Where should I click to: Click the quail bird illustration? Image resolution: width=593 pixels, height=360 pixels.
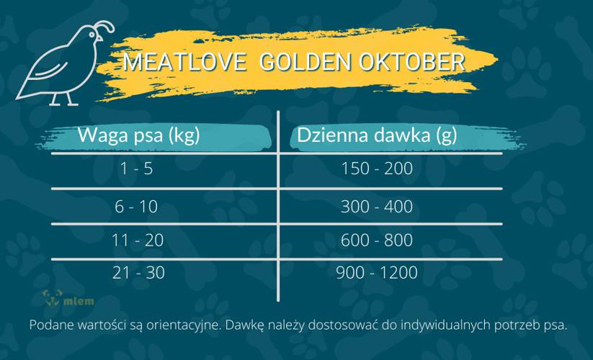(62, 66)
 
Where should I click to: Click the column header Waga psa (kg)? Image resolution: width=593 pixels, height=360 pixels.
(139, 135)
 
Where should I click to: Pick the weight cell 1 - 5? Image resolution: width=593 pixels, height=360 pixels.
(136, 169)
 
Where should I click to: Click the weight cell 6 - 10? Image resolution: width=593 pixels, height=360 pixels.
(136, 207)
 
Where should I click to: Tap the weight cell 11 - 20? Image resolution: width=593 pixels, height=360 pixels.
(136, 240)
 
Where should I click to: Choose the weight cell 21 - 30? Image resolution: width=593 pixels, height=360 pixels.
(136, 273)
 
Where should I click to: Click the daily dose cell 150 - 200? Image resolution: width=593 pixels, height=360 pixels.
(377, 169)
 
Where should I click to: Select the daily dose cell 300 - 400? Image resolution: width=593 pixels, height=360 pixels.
(377, 207)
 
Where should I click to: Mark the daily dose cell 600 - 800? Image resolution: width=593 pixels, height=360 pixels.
(377, 240)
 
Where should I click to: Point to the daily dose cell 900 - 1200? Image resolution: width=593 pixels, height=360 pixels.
(377, 273)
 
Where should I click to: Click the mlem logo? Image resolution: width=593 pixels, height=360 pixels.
(68, 297)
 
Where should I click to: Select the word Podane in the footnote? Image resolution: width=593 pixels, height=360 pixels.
(50, 325)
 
